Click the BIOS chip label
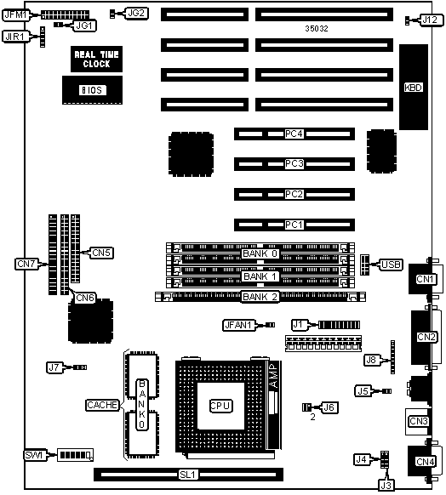coord(92,90)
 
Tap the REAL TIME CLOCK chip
coord(96,59)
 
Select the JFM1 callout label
coord(16,14)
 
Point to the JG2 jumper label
coord(136,14)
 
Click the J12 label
coord(430,20)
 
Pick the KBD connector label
coord(413,88)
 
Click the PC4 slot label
coord(294,134)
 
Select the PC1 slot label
coord(294,225)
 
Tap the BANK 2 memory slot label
coord(260,297)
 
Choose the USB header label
coord(391,265)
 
